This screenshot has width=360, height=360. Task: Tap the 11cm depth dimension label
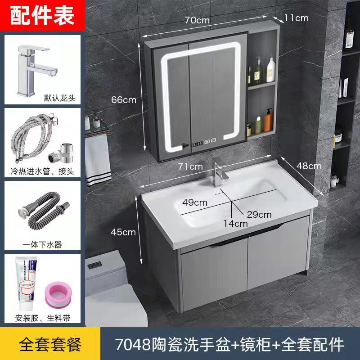pos(296,18)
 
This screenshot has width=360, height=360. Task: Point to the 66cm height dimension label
pos(124,100)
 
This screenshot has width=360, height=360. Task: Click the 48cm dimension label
pos(309,166)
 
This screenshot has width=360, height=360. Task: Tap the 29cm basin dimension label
pos(259,214)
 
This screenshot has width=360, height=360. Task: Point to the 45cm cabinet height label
pos(123,232)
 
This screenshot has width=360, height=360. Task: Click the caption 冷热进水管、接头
pos(43,171)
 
